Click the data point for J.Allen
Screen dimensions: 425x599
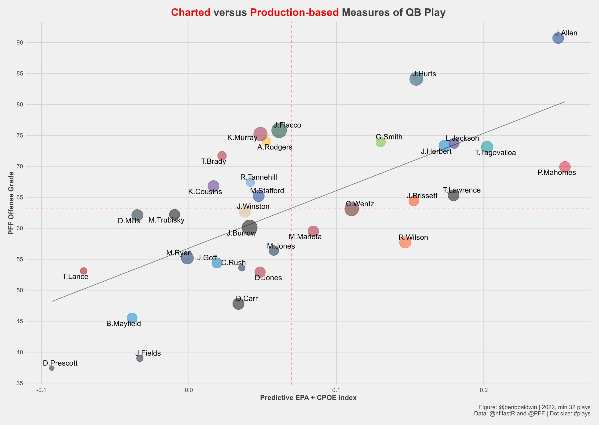[x=558, y=38]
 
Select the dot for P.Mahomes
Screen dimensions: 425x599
[x=565, y=167]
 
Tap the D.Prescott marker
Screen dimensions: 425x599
[x=52, y=368]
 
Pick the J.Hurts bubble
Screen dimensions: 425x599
[x=416, y=79]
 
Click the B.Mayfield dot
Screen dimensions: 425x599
[x=132, y=318]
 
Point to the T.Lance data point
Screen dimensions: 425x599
[x=84, y=271]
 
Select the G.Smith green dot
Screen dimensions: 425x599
[x=380, y=142]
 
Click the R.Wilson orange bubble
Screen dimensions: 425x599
[x=405, y=243]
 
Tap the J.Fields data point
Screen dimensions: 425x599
[x=140, y=358]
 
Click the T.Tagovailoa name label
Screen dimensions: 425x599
[x=495, y=153]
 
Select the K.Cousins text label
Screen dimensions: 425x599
[x=205, y=192]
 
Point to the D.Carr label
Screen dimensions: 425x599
[x=247, y=299]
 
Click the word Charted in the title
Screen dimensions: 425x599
[x=191, y=12]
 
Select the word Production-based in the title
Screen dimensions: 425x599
[x=294, y=12]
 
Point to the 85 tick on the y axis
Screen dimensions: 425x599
[x=20, y=73]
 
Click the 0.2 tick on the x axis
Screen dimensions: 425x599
[x=484, y=390]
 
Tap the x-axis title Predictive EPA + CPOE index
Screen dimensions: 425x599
[x=308, y=398]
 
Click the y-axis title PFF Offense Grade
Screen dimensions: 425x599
[x=11, y=203]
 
